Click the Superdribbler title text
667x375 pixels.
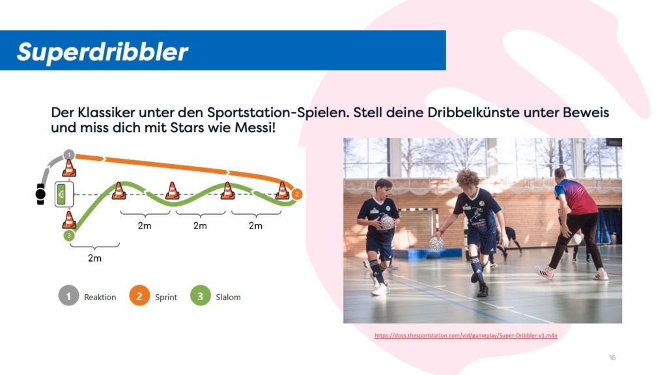pyautogui.click(x=102, y=52)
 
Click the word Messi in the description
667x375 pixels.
pyautogui.click(x=255, y=127)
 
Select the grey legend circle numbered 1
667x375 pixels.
pyautogui.click(x=68, y=296)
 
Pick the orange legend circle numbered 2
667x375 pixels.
pyautogui.click(x=139, y=296)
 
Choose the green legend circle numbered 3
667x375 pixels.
pyautogui.click(x=201, y=296)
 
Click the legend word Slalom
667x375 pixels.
pyautogui.click(x=228, y=297)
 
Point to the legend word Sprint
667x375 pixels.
pyautogui.click(x=166, y=297)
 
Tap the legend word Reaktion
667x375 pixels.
pyautogui.click(x=100, y=297)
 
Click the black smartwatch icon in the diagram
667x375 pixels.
pyautogui.click(x=40, y=194)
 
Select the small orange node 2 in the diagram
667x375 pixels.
pyautogui.click(x=297, y=194)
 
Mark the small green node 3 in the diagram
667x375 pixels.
pyautogui.click(x=69, y=235)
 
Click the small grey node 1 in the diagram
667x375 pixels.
pyautogui.click(x=69, y=154)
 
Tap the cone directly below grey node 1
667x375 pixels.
pyautogui.click(x=69, y=168)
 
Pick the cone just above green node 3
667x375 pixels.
pyautogui.click(x=69, y=220)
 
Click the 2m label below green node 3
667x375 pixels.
pyautogui.click(x=94, y=258)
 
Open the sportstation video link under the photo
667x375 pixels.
pyautogui.click(x=466, y=335)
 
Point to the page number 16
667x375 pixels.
pyautogui.click(x=612, y=357)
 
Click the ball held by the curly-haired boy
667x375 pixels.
pyautogui.click(x=436, y=243)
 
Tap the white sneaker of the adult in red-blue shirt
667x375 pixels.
pyautogui.click(x=544, y=272)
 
